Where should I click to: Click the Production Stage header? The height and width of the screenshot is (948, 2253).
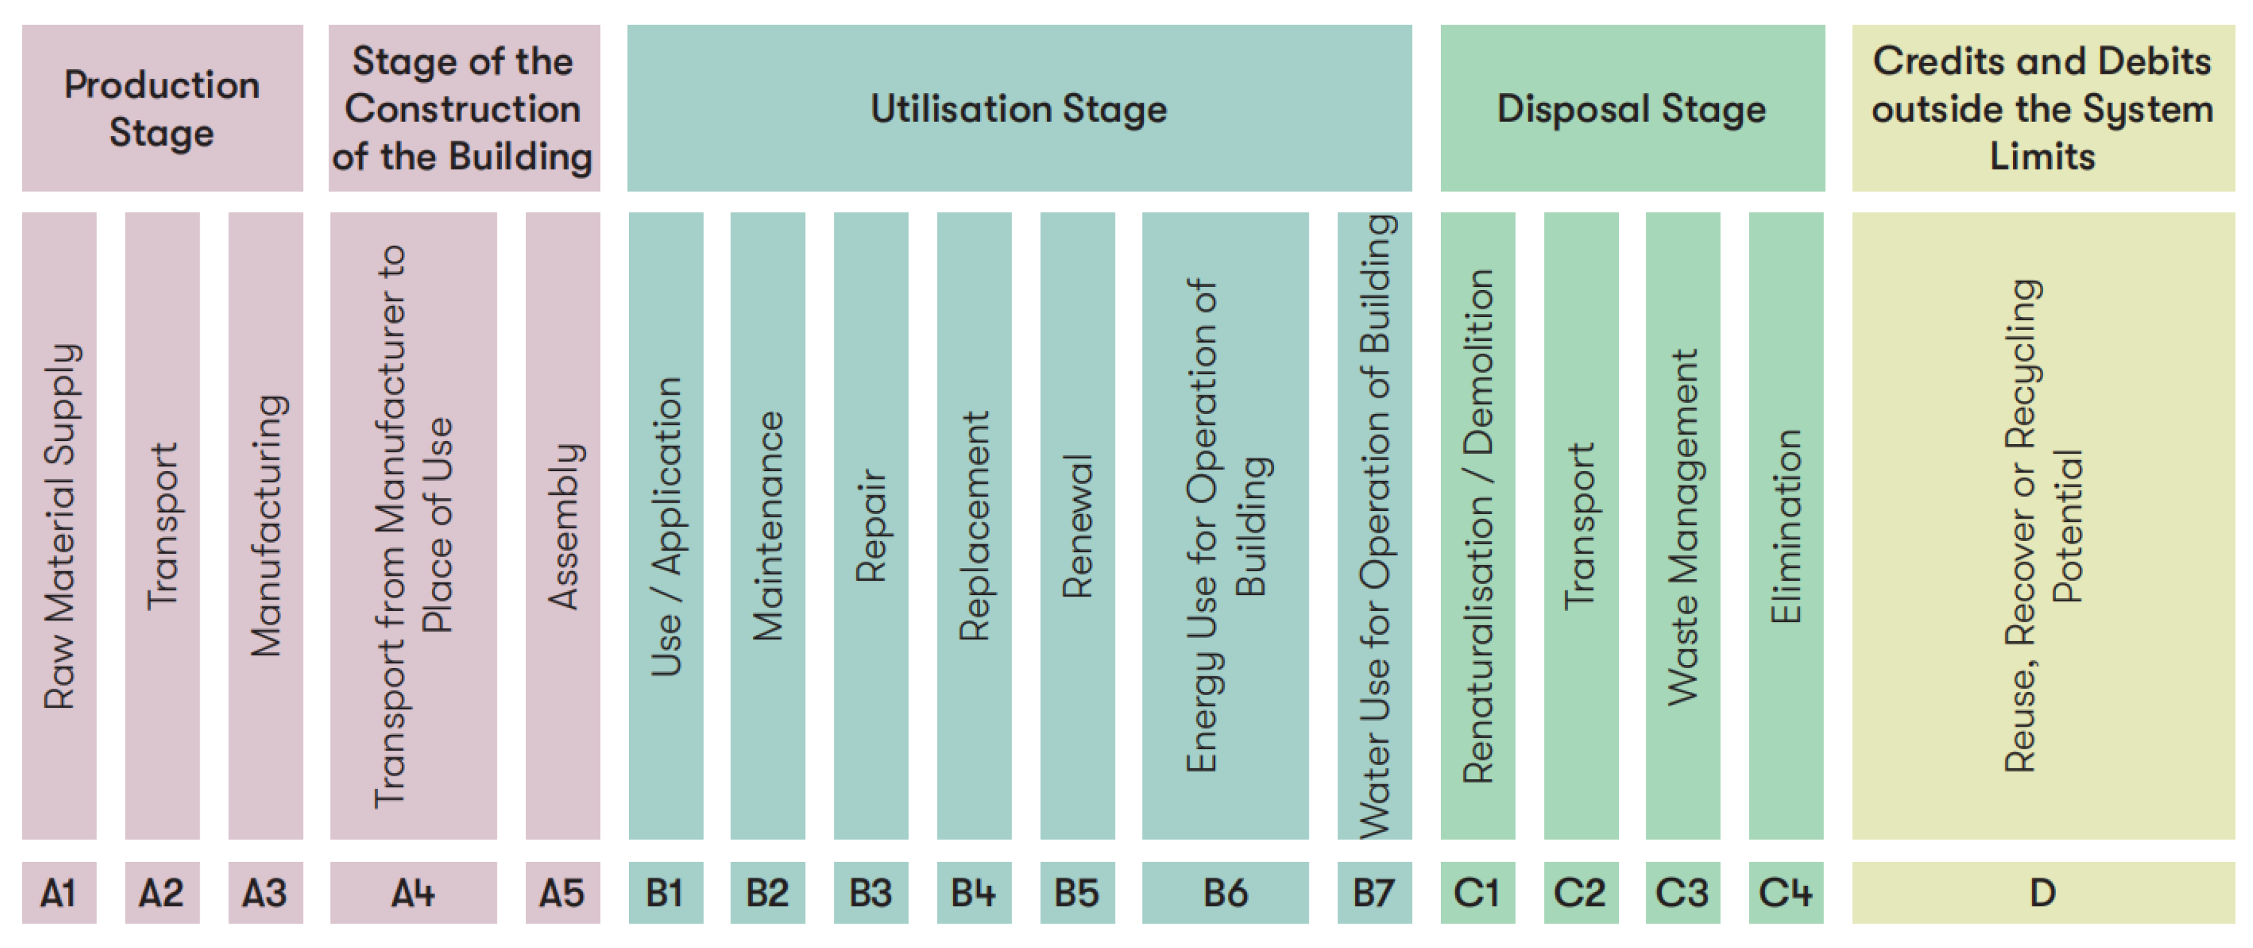click(162, 108)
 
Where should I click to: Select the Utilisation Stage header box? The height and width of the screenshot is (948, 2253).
click(1019, 108)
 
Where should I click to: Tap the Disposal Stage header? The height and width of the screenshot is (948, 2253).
click(1632, 108)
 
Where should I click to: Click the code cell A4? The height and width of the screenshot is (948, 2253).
click(413, 893)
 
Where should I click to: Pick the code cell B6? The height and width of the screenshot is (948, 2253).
click(1225, 893)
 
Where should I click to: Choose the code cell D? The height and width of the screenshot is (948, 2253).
click(2042, 893)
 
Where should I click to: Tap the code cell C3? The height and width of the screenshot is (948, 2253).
click(1682, 893)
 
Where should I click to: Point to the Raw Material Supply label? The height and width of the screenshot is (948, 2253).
click(60, 526)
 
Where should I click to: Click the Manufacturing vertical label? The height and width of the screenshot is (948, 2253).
click(267, 526)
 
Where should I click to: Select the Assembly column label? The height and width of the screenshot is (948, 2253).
click(564, 526)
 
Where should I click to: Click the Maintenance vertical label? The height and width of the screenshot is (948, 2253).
click(768, 526)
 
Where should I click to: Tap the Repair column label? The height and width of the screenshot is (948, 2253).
click(871, 526)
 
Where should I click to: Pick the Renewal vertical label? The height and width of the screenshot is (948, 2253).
click(1078, 526)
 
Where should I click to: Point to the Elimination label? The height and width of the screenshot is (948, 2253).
click(1786, 526)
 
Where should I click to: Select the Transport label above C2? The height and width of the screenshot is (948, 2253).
click(1580, 526)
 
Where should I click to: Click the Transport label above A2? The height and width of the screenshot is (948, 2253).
click(162, 526)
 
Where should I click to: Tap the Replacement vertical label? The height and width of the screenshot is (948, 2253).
click(974, 526)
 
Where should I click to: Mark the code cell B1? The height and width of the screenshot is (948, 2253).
click(665, 893)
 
